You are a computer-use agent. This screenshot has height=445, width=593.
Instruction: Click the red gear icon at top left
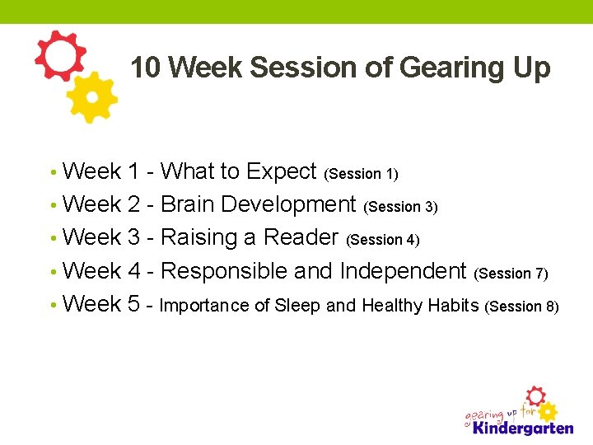(x=59, y=56)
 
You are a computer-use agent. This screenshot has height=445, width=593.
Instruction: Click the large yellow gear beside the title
(x=92, y=97)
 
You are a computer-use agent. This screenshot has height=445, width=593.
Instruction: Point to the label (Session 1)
(x=362, y=174)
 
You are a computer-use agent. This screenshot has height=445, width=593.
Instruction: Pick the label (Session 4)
(x=383, y=241)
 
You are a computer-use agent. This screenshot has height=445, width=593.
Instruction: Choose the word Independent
(x=403, y=271)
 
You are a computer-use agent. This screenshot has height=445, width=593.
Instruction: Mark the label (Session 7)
(x=511, y=274)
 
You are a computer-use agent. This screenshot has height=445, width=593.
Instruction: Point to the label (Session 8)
(x=522, y=307)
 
